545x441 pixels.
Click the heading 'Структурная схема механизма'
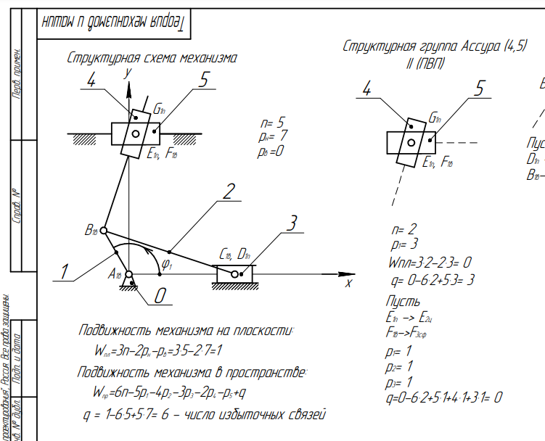152,57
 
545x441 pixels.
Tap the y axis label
127,72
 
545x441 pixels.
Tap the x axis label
348,282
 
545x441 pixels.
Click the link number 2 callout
229,192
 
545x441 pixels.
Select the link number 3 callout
292,223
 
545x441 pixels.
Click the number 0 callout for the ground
161,295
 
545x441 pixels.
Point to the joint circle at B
103,231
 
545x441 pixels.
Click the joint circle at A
129,275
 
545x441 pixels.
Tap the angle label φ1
168,266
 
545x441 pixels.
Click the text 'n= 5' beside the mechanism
272,122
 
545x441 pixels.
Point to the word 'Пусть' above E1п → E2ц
403,300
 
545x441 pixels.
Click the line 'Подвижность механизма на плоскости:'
187,331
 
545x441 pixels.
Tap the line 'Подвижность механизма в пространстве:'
192,373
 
